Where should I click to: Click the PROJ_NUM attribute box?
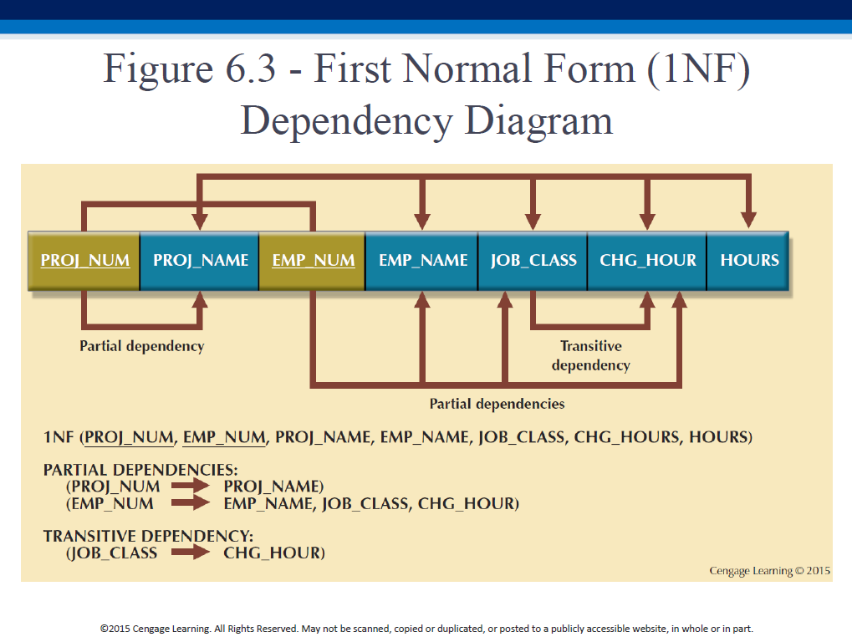[84, 261]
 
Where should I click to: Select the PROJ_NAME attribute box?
[200, 261]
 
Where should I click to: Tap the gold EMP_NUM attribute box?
[313, 261]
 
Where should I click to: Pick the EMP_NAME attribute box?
[422, 261]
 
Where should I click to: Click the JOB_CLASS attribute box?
[533, 261]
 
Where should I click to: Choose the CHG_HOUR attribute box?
[647, 261]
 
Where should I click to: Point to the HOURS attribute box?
[748, 261]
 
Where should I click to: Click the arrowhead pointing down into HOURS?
[749, 221]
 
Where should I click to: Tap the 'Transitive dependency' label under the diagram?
[591, 355]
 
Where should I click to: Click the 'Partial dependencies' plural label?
[497, 404]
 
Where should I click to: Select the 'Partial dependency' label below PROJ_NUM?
[142, 346]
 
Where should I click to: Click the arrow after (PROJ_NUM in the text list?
[190, 486]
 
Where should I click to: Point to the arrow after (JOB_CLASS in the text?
[190, 553]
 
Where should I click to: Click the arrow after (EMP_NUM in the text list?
[190, 503]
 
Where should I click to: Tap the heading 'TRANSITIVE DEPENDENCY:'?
[148, 537]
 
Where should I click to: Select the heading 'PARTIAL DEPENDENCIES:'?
[140, 470]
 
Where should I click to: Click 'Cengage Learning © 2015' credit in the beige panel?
[769, 571]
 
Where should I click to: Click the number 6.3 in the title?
[251, 69]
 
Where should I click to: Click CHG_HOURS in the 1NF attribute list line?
[627, 437]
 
